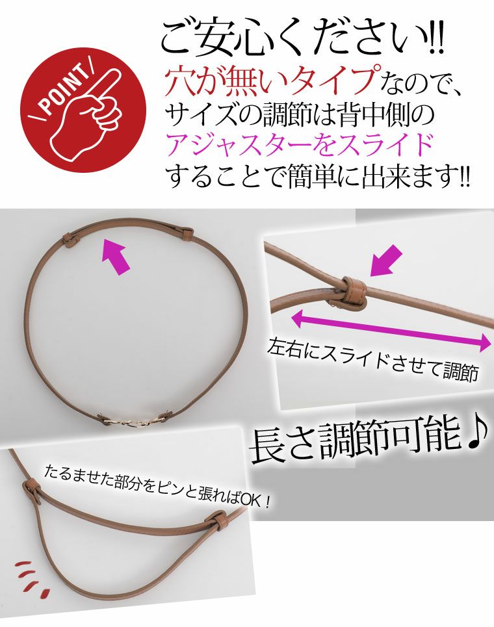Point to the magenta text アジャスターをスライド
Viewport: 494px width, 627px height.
[x=300, y=144]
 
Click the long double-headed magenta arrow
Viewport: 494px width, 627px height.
[x=391, y=330]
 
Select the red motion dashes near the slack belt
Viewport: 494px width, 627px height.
[x=31, y=576]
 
